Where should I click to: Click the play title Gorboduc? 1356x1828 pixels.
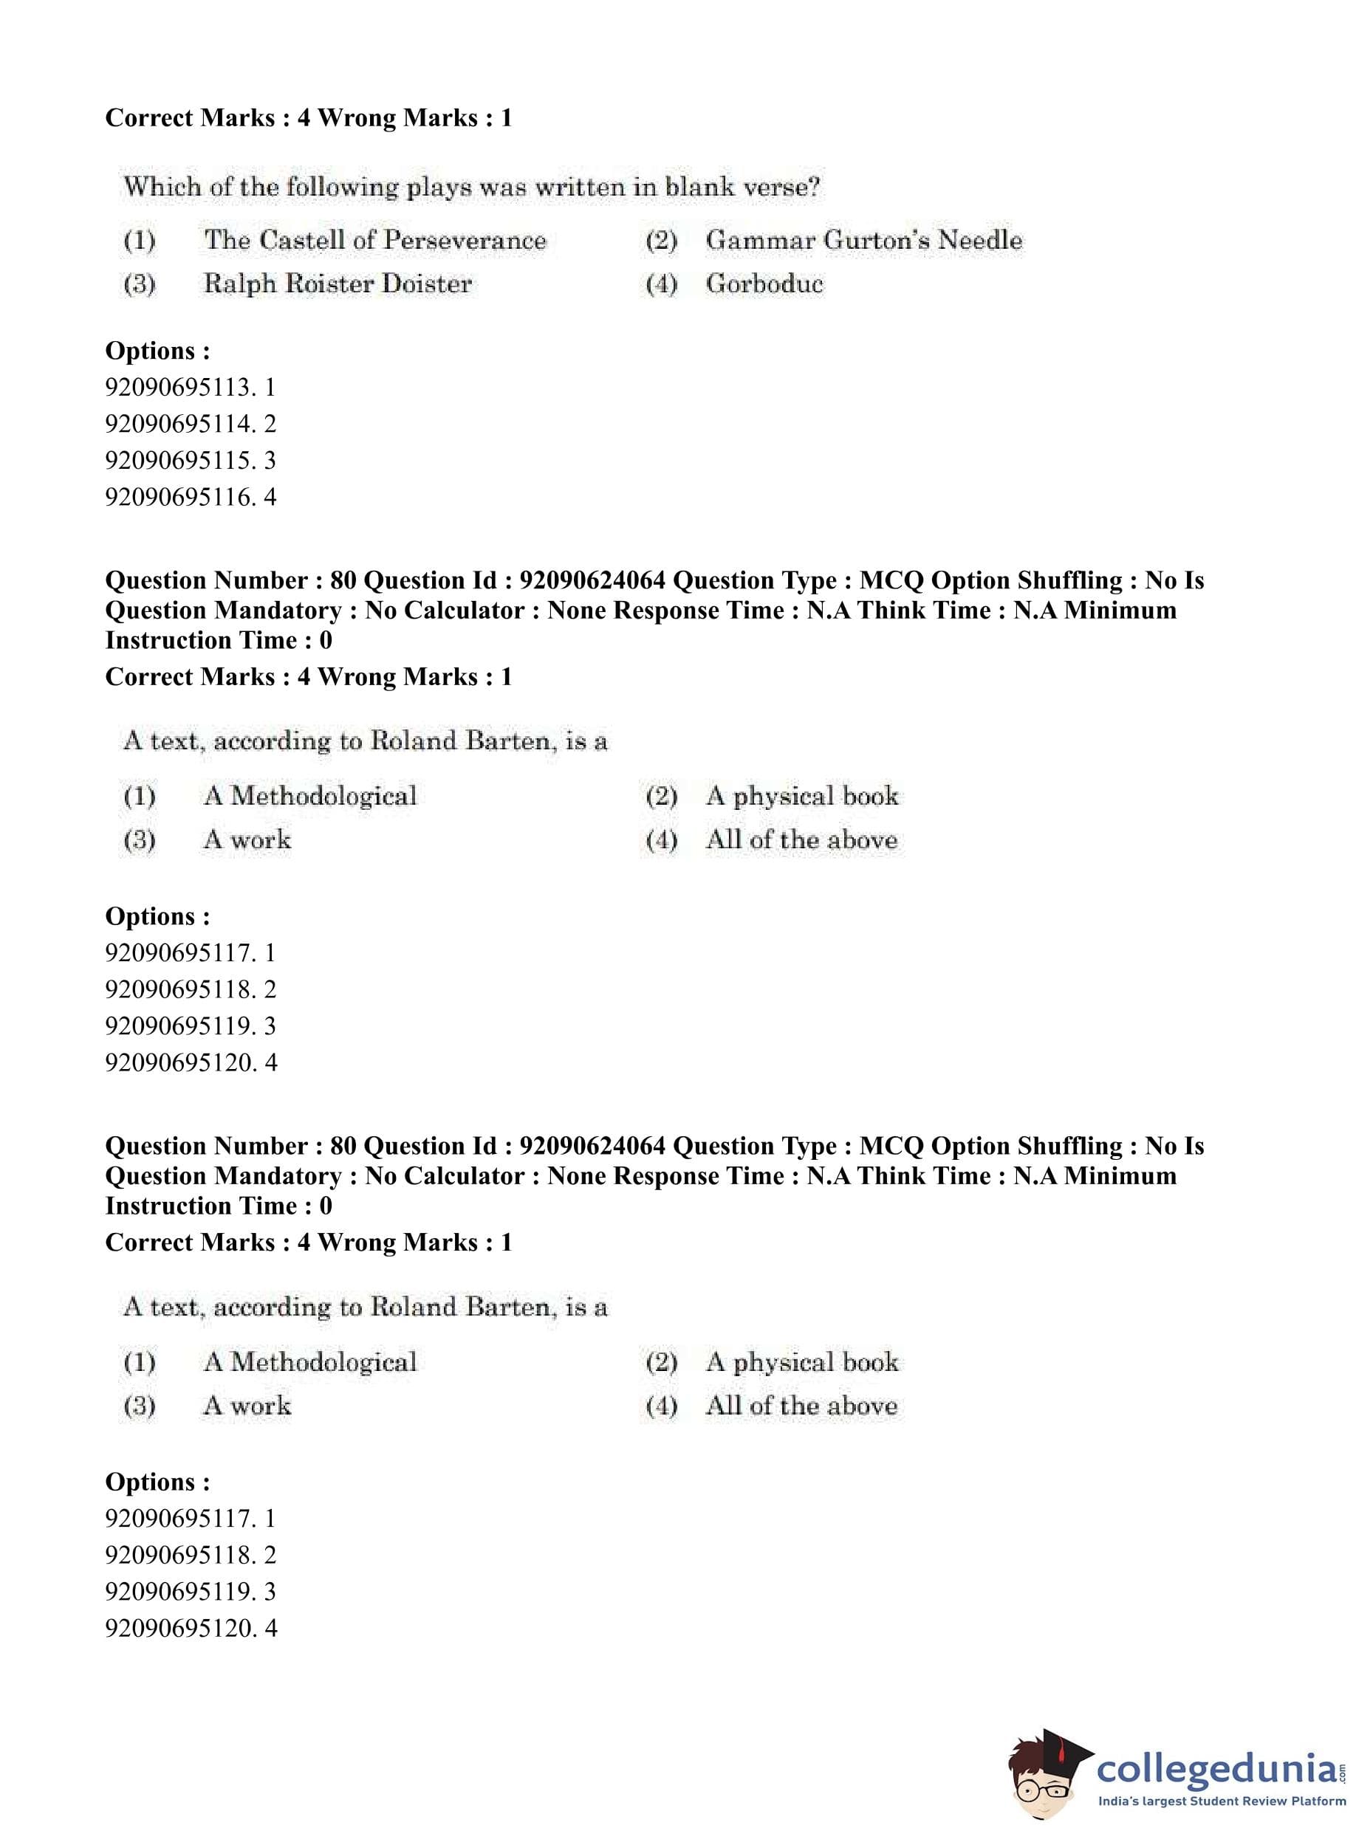764,284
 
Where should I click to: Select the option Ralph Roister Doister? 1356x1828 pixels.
338,284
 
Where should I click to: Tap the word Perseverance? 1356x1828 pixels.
465,241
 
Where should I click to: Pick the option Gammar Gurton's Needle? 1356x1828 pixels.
863,241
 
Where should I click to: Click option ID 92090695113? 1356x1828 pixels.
191,388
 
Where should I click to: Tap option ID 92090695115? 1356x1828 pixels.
191,460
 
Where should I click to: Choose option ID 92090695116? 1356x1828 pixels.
191,497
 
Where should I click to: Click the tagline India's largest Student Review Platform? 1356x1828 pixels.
1222,1801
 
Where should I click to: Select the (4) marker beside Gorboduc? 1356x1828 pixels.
661,285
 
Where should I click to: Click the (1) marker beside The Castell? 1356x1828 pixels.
140,241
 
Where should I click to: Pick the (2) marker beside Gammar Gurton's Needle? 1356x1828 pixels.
661,241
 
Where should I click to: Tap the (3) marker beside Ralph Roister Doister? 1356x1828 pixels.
140,285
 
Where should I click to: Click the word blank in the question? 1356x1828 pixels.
698,187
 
